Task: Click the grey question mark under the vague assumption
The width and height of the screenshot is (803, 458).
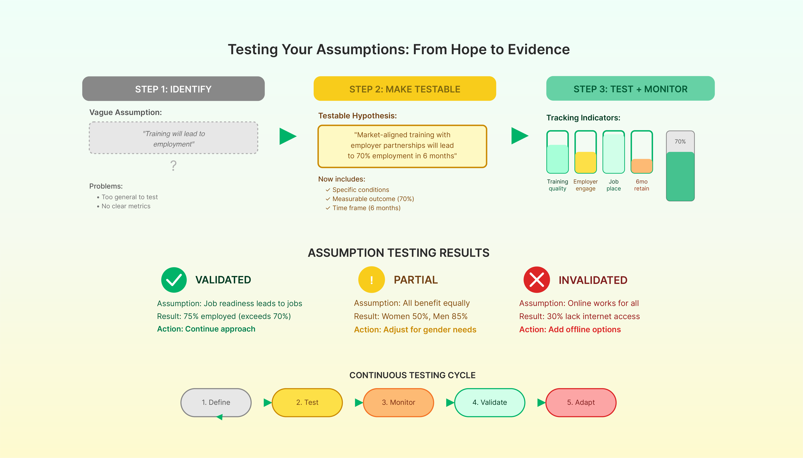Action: tap(173, 166)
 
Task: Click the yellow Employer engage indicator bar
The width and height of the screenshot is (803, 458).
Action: tap(585, 162)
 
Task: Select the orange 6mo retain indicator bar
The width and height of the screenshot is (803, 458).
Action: tap(642, 166)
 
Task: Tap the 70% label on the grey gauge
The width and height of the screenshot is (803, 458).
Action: tap(680, 142)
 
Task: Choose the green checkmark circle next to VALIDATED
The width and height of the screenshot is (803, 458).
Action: tap(174, 280)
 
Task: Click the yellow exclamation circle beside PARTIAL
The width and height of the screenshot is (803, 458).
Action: tap(371, 280)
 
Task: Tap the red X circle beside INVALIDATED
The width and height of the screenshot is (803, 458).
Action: tap(537, 280)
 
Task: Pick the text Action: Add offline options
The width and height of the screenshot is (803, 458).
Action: tap(570, 329)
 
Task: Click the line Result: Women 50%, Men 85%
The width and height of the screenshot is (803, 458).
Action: tap(411, 316)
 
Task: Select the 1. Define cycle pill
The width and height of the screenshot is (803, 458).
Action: tap(216, 402)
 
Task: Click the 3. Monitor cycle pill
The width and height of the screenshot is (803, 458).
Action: tap(398, 402)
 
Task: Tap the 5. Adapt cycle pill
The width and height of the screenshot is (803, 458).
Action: tap(581, 402)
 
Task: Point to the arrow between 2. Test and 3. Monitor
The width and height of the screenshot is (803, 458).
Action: tap(358, 402)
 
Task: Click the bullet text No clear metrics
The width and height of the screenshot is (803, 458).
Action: tap(126, 206)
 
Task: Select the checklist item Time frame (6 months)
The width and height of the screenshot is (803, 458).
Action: tap(366, 208)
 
